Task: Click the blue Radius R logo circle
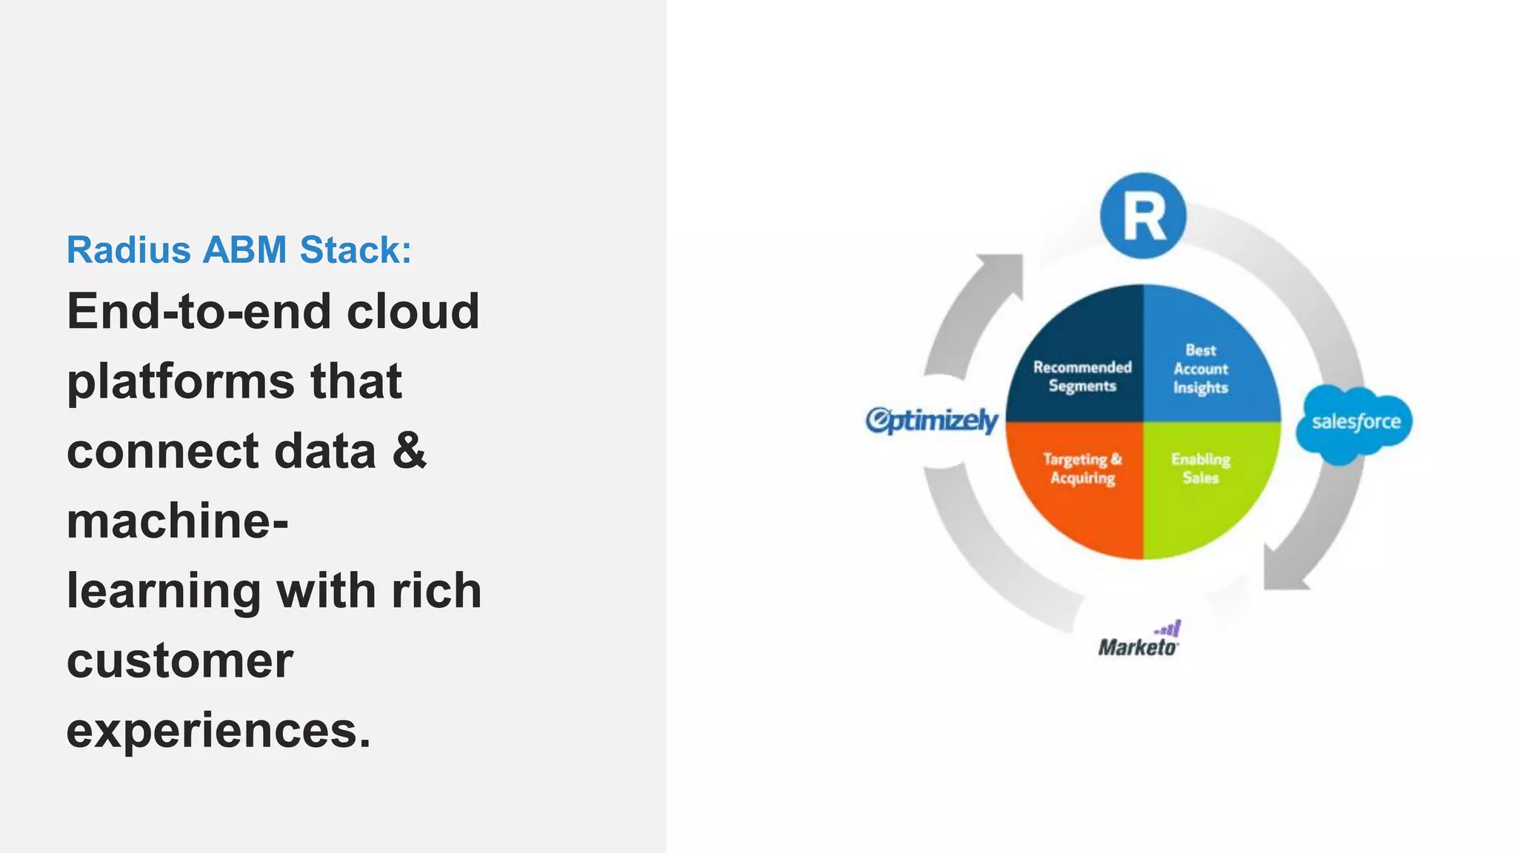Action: tap(1143, 216)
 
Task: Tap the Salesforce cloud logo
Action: tap(1355, 423)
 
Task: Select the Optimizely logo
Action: tap(932, 420)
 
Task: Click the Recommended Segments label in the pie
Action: tap(1082, 376)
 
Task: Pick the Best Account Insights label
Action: tap(1201, 369)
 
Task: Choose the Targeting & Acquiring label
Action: tap(1082, 469)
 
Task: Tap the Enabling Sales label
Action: tap(1201, 469)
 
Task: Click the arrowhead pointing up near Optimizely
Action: tap(1001, 271)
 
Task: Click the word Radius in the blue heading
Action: tap(129, 250)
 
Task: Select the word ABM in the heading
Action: tap(244, 250)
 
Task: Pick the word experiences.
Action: tap(218, 730)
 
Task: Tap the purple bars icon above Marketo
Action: tap(1170, 629)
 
